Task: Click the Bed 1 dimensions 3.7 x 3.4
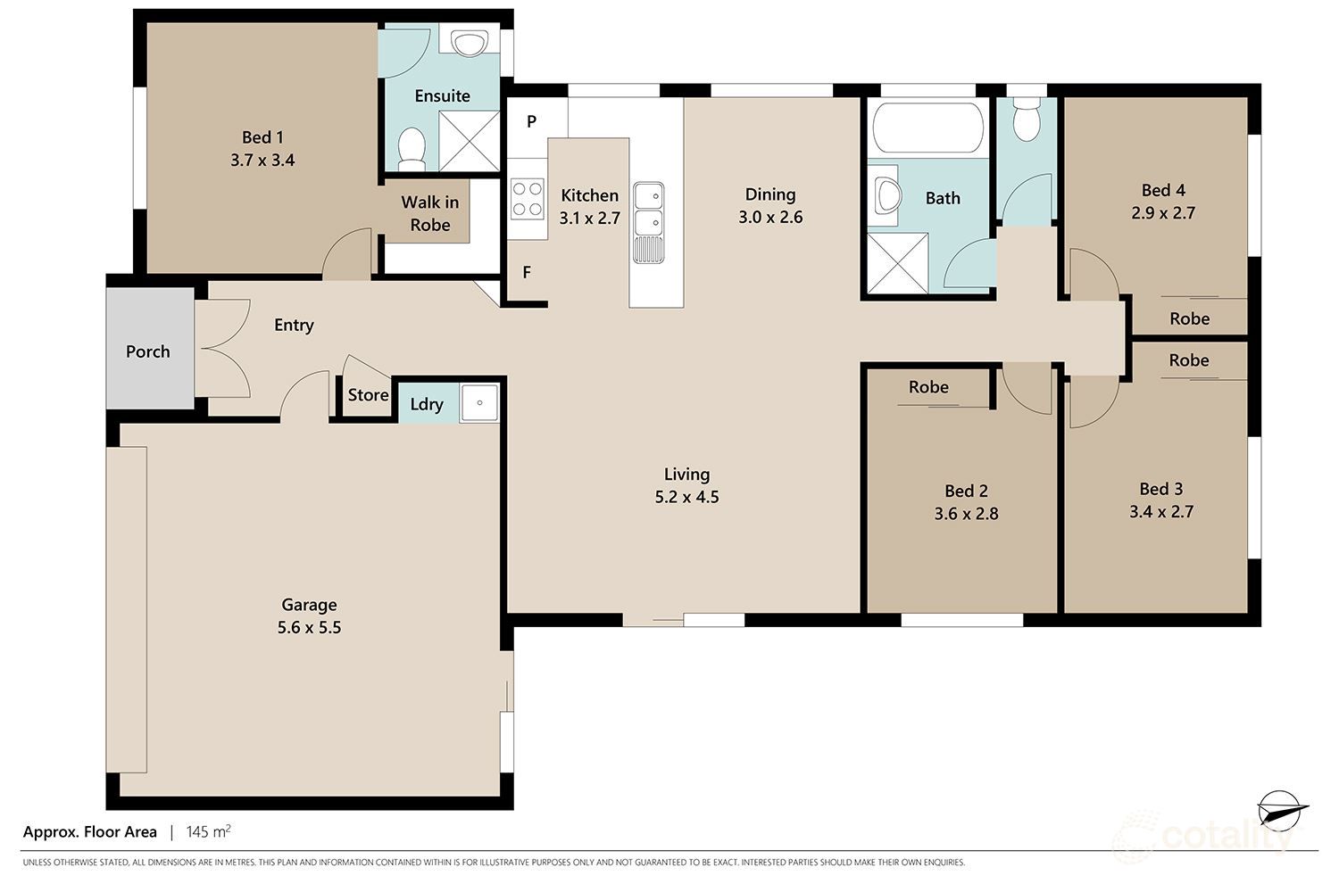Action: (262, 161)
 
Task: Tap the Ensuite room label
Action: (442, 95)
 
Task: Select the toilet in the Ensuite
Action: (412, 149)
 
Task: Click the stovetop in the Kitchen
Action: (528, 199)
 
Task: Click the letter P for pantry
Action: (531, 121)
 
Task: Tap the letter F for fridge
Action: (527, 272)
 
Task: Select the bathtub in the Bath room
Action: (928, 128)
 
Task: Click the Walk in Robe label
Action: (430, 214)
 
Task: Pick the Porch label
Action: (148, 351)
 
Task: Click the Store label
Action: (368, 395)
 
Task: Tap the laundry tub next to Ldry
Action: (479, 403)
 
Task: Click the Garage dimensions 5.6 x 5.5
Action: (309, 628)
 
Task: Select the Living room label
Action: (686, 475)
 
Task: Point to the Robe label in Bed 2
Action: (928, 387)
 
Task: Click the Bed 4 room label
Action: (1163, 190)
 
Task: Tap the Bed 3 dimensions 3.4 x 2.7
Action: (1160, 512)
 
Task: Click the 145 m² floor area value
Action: (208, 832)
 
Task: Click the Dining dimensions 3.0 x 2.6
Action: (770, 218)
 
